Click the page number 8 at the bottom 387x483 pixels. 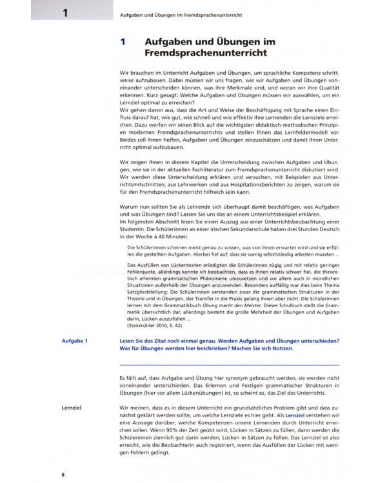pyautogui.click(x=63, y=474)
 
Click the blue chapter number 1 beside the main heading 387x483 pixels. pyautogui.click(x=123, y=43)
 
